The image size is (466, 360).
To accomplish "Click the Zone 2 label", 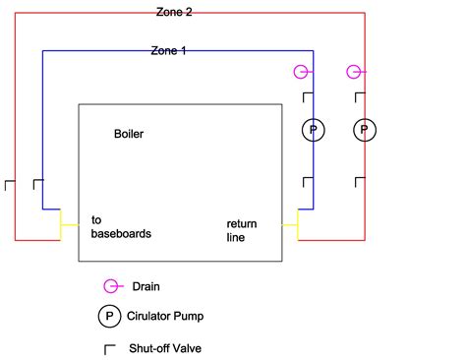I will (x=175, y=12).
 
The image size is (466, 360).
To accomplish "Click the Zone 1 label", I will (x=168, y=50).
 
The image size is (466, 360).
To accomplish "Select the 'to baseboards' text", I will (x=121, y=227).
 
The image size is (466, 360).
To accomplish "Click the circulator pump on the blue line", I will (x=313, y=130).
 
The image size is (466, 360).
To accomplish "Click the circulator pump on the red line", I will (x=364, y=130).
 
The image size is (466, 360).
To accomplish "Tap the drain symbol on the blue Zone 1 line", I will (x=304, y=72).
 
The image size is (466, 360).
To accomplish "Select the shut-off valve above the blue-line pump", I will (x=307, y=96).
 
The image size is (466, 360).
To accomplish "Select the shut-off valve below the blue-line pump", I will (x=307, y=184).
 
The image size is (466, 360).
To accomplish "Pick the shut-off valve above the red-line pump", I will (x=359, y=96).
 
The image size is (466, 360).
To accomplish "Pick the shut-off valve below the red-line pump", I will (x=359, y=184).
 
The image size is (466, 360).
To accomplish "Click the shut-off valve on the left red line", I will (x=10, y=185).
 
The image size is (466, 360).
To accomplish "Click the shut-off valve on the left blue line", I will (x=37, y=185).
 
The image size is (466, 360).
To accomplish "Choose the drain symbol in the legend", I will (x=112, y=286).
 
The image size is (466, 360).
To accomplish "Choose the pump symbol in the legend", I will (x=107, y=317).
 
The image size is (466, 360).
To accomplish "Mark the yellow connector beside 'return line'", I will (x=289, y=224).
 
